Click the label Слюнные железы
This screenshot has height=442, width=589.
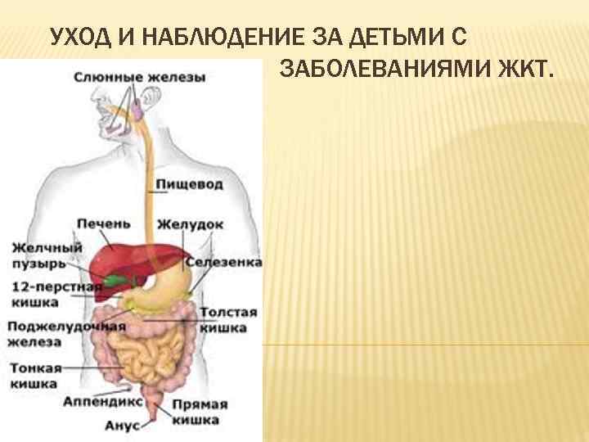pyautogui.click(x=140, y=78)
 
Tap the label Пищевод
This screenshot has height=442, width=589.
pyautogui.click(x=190, y=185)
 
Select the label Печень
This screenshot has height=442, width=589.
pyautogui.click(x=103, y=223)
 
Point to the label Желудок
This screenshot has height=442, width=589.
pyautogui.click(x=191, y=223)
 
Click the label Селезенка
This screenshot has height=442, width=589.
pyautogui.click(x=223, y=262)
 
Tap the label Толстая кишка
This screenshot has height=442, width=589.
pyautogui.click(x=228, y=320)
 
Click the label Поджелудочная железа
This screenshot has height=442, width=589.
pyautogui.click(x=65, y=334)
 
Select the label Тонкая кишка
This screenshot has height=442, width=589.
pyautogui.click(x=34, y=376)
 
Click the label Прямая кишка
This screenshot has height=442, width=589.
pyautogui.click(x=200, y=412)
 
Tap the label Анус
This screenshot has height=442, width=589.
pyautogui.click(x=122, y=426)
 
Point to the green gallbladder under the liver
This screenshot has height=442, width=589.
pyautogui.click(x=120, y=280)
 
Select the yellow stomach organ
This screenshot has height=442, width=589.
pyautogui.click(x=168, y=286)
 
